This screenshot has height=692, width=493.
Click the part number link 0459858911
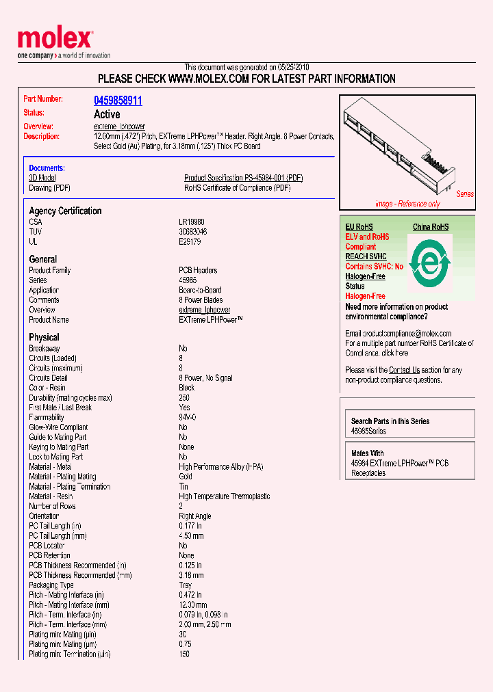coord(118,101)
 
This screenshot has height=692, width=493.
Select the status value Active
coord(107,114)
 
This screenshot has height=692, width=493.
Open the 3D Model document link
coord(42,178)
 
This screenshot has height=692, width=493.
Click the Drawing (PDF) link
coord(49,187)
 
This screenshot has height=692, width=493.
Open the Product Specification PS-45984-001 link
coord(243,178)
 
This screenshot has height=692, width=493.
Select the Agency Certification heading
coord(65,211)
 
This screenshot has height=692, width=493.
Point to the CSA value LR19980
coord(192,222)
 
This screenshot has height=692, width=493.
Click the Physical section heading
coord(44,337)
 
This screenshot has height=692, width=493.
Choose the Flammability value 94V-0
coord(188,417)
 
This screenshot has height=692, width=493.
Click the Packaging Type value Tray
coord(186,585)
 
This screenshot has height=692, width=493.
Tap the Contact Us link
coord(404,370)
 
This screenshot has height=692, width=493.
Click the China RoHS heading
coord(431,227)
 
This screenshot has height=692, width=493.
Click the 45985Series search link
coord(368,431)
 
